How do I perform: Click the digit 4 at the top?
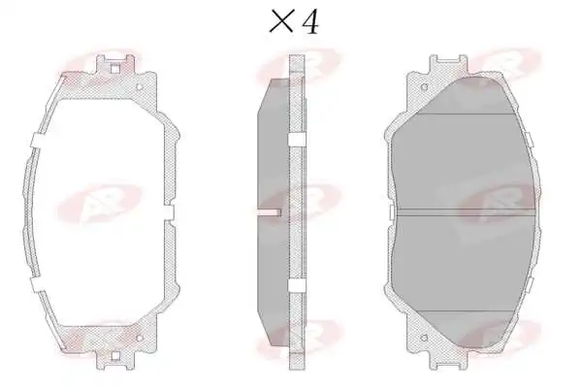pos(310,21)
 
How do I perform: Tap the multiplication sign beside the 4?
pos(281,21)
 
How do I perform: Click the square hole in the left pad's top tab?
pos(115,69)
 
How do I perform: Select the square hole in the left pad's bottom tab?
pos(115,356)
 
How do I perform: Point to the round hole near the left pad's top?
pos(140,87)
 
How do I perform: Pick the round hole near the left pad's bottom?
pos(140,338)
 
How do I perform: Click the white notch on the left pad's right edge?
pos(169,212)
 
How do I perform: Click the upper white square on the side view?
pos(297,139)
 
